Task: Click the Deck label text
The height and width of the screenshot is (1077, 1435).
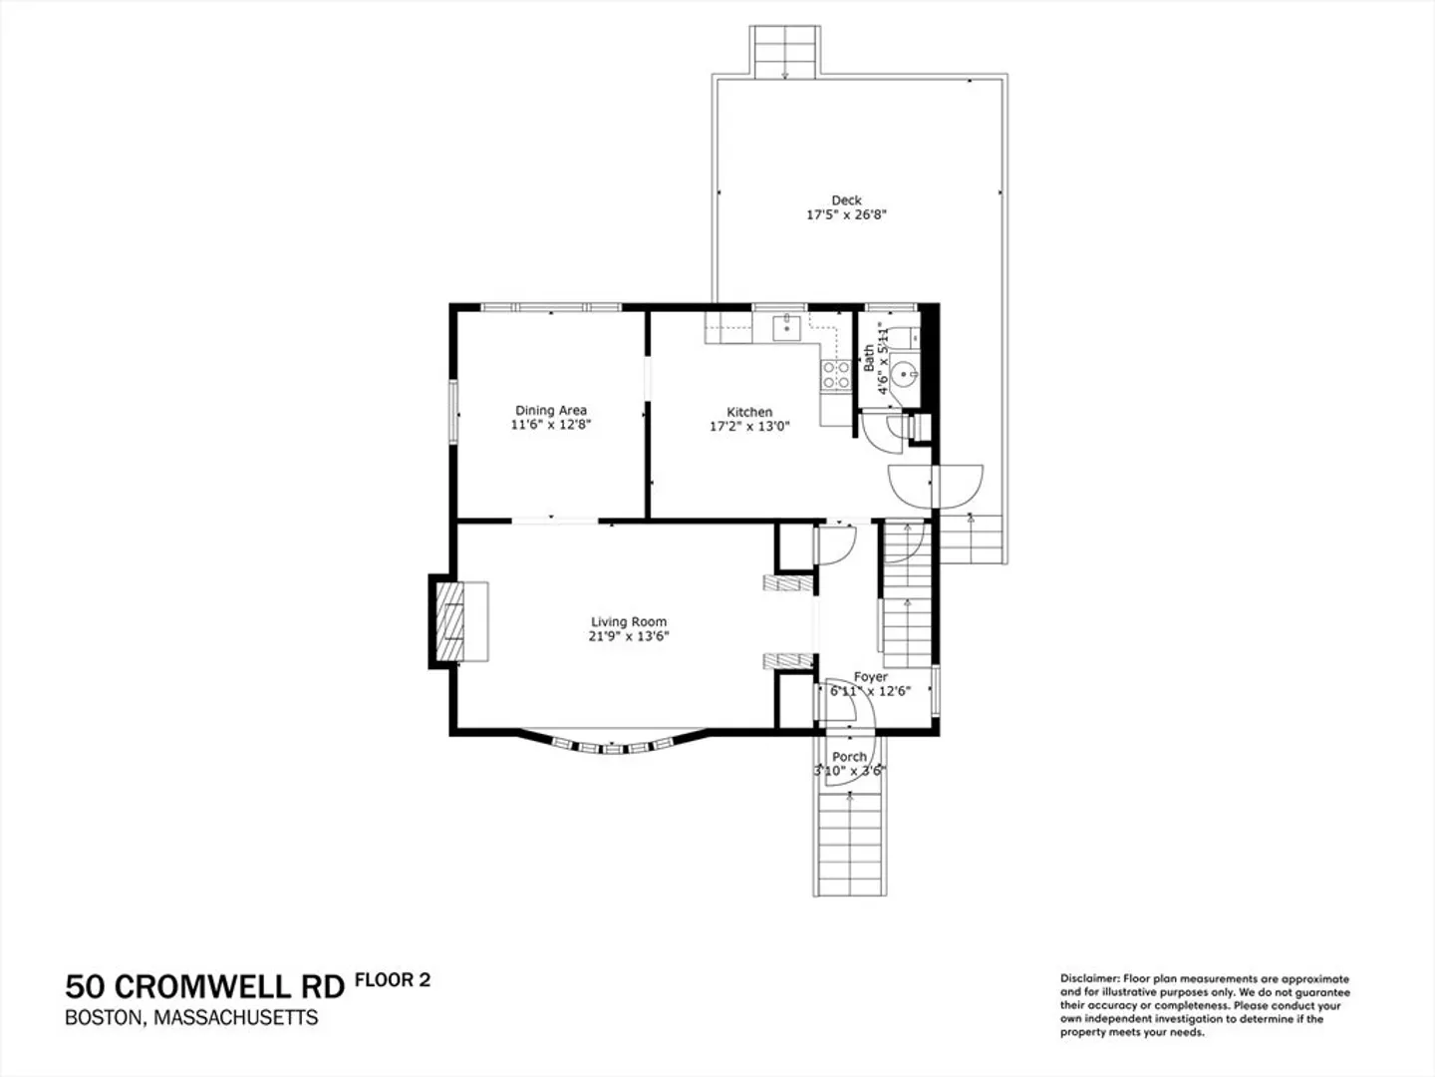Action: (x=846, y=200)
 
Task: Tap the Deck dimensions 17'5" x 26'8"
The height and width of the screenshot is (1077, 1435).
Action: (x=846, y=214)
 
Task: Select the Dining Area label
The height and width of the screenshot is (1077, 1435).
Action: (x=550, y=411)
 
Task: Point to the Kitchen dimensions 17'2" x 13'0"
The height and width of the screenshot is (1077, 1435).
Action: (x=749, y=427)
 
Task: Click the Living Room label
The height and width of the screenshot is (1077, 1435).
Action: (x=628, y=622)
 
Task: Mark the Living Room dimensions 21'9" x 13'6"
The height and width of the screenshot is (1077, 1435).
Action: (x=628, y=636)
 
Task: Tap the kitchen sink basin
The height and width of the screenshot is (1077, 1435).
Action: (x=787, y=328)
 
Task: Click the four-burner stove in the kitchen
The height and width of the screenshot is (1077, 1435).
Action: (x=836, y=375)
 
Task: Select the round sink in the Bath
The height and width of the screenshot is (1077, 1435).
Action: (x=904, y=375)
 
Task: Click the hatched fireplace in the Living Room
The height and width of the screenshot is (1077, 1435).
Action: (x=449, y=621)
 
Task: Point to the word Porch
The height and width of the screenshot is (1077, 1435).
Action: (x=849, y=757)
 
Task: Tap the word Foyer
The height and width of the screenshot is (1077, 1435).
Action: (x=871, y=677)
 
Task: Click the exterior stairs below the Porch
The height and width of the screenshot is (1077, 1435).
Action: (x=850, y=845)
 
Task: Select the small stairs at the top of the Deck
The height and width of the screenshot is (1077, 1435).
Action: (x=784, y=52)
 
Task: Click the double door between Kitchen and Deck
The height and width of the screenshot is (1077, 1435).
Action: (x=936, y=487)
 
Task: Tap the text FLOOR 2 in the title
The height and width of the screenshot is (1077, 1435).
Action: (x=393, y=980)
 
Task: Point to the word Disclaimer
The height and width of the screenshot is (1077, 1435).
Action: (x=1090, y=979)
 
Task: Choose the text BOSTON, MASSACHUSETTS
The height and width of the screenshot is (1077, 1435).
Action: (x=191, y=1018)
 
